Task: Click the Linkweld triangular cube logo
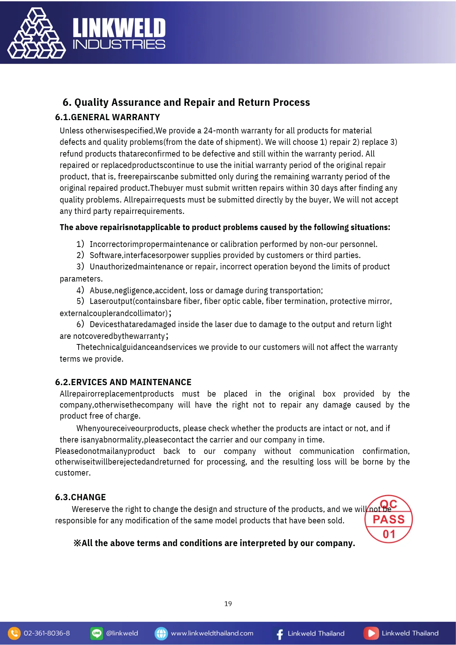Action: point(36,34)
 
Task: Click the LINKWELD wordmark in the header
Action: point(119,28)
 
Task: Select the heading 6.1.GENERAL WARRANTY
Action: point(107,117)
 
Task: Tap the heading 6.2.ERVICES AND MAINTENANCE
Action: point(123,382)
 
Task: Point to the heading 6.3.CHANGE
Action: point(80,497)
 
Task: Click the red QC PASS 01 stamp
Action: point(388,519)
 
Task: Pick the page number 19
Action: point(228,603)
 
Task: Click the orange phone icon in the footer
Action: point(14,633)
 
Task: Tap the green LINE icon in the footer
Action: point(97,633)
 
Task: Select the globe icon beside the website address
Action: point(161,633)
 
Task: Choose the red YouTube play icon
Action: point(371,633)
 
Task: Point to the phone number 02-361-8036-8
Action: point(47,633)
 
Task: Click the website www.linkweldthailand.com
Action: point(212,633)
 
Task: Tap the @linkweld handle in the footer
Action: point(122,633)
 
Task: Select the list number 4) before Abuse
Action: point(80,290)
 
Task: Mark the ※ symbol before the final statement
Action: point(77,543)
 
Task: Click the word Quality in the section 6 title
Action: point(91,102)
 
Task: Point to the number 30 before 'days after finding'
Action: point(314,188)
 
